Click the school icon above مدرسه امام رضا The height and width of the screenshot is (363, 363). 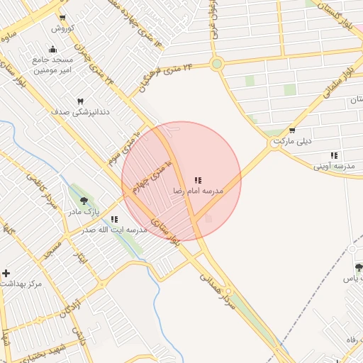coord(198,181)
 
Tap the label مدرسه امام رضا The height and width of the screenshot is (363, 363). coord(199,192)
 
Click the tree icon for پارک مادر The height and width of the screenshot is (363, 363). coord(84,201)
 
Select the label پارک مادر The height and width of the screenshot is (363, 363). coord(84,212)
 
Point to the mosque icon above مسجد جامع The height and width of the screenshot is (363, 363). coord(52,50)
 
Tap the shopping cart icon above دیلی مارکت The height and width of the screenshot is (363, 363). coord(292,130)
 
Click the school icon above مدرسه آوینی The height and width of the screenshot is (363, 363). coord(334,155)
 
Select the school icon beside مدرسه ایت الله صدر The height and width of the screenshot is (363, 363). coord(113,219)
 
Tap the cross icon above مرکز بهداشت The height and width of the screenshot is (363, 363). coord(6,273)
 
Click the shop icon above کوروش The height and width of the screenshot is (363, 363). coord(62,18)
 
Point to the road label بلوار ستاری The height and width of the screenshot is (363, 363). coord(163,233)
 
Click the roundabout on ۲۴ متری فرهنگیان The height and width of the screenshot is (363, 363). coord(217,64)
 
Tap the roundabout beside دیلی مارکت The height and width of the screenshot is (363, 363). coord(274,144)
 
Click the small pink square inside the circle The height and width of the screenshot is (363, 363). coord(208,218)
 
